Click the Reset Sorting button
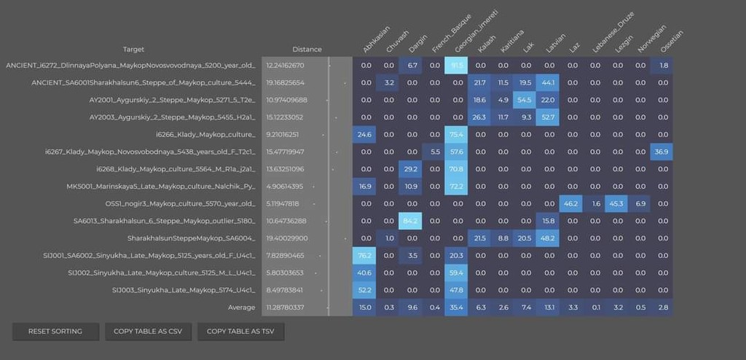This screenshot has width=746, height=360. click(55, 332)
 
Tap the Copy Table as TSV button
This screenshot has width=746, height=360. click(240, 332)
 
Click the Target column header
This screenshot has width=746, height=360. click(133, 50)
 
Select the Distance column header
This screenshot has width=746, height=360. click(307, 50)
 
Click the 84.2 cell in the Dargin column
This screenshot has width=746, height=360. click(412, 221)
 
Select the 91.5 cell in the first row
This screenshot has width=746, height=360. click(458, 66)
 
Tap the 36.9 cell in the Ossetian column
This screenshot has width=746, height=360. click(662, 152)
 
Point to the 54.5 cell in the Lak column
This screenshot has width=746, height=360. click(526, 100)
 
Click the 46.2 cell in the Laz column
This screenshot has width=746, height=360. click(572, 204)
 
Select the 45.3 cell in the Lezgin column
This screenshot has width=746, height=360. click(617, 204)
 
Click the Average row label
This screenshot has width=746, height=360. click(241, 308)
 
